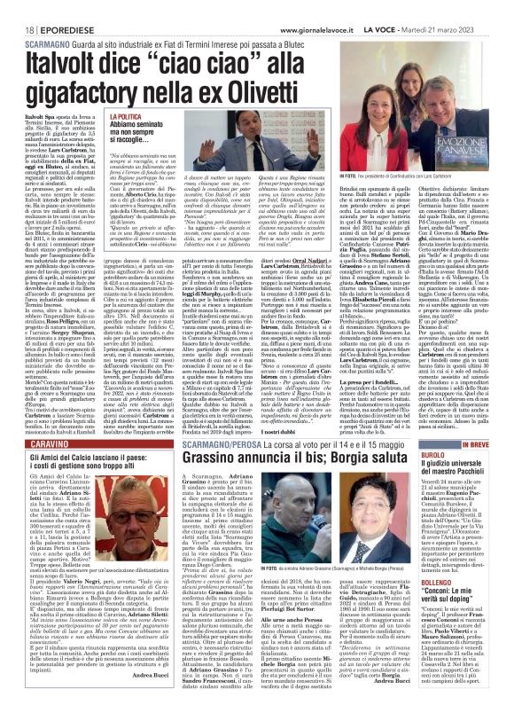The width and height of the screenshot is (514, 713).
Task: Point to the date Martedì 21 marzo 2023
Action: coord(470,7)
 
